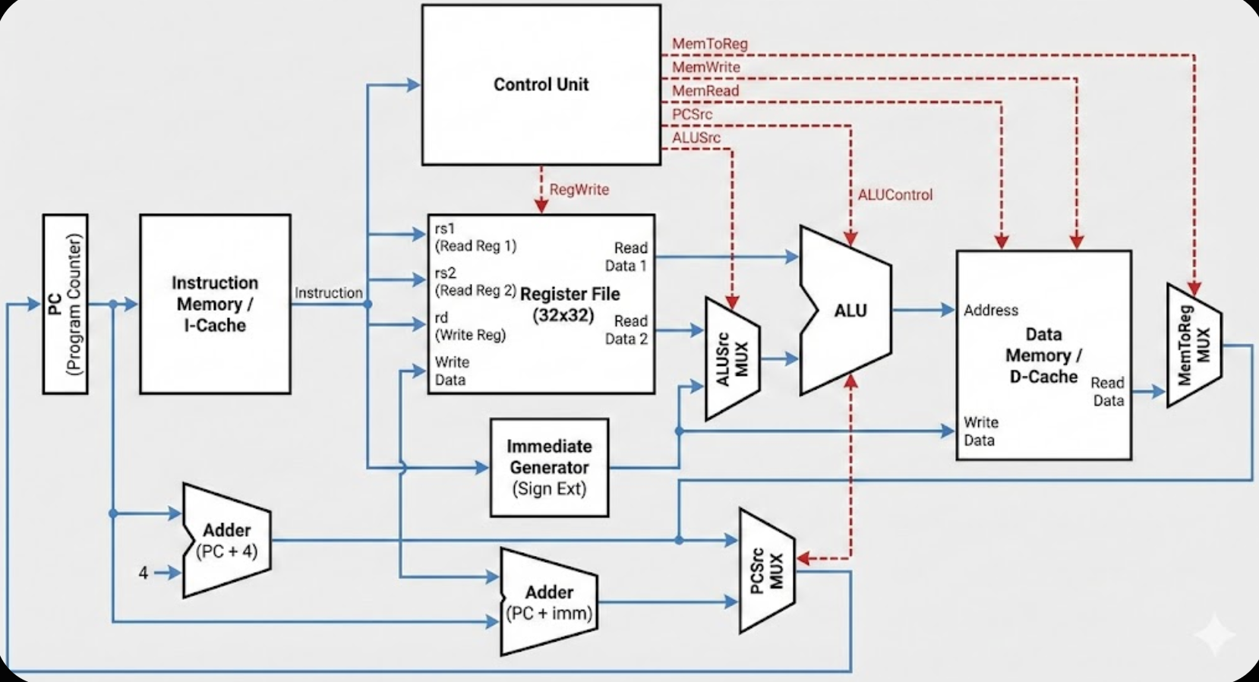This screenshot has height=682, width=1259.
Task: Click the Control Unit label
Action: (541, 84)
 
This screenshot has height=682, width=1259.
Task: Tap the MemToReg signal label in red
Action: (710, 44)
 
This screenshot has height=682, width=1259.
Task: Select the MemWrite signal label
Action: (706, 68)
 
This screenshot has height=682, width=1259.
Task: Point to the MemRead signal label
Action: (705, 91)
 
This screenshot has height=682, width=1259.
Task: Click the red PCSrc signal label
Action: (692, 115)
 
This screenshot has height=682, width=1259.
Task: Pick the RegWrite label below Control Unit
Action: (579, 189)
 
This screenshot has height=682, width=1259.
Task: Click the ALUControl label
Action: (895, 195)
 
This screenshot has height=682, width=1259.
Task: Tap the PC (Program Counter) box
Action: (65, 304)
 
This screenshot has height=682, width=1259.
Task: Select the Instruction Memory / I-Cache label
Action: (215, 304)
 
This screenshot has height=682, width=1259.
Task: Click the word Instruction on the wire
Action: (328, 293)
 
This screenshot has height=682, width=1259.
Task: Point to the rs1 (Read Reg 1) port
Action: (475, 237)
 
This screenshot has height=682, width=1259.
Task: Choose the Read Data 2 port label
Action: (626, 330)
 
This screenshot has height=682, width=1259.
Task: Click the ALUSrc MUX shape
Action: (733, 358)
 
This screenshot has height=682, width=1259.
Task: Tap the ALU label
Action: (850, 311)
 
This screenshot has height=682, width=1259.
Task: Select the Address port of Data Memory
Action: (991, 311)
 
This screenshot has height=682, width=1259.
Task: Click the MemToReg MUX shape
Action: (1194, 346)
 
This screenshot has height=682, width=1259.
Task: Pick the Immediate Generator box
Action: (549, 467)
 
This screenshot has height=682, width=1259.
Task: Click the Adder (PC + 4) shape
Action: (227, 540)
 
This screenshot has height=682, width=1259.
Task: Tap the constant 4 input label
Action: (144, 573)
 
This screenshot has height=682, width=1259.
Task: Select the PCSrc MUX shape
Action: (767, 570)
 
